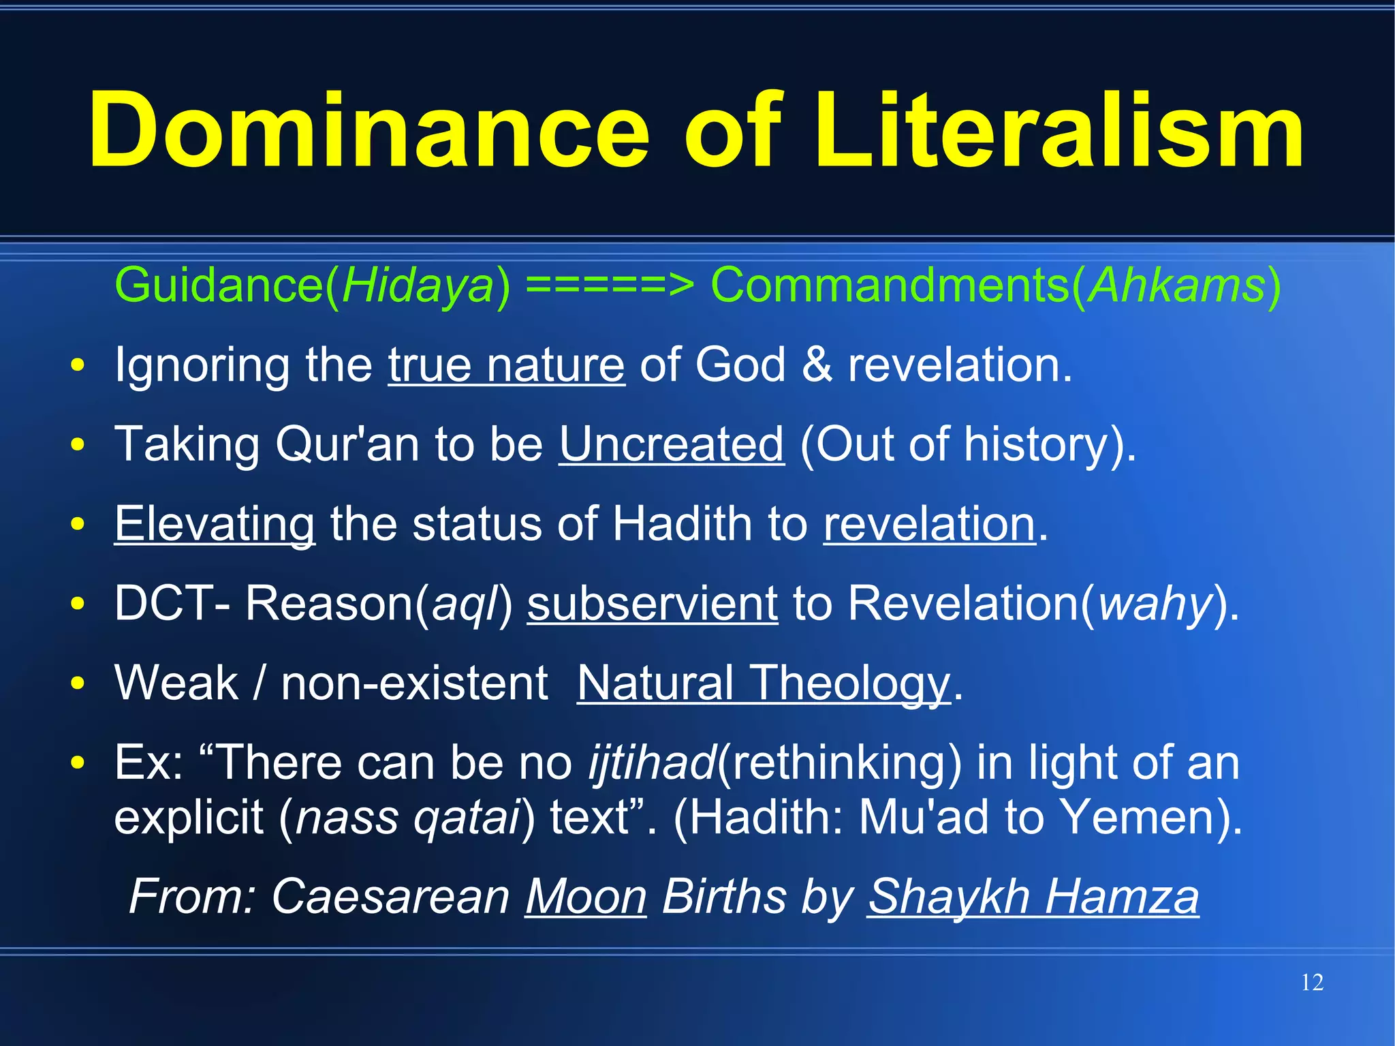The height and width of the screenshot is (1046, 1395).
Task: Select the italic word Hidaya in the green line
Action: (417, 285)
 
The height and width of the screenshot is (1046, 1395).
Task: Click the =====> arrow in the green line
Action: (610, 285)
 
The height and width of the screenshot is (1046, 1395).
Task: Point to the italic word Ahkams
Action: (1177, 285)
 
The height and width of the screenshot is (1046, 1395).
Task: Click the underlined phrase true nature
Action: (506, 365)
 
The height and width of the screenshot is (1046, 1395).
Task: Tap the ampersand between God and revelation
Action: (817, 365)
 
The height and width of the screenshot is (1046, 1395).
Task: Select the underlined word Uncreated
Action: (672, 444)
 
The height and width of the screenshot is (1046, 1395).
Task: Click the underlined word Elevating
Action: (215, 524)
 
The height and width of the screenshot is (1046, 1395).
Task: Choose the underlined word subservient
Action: (652, 604)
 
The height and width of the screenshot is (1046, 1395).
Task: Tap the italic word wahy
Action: (1155, 604)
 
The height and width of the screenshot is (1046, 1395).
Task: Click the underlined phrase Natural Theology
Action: (763, 683)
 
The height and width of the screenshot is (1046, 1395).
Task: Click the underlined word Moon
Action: (585, 896)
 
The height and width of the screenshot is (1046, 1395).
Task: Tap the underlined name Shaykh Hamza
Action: (1033, 896)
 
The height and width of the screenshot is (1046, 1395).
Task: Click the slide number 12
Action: (1312, 983)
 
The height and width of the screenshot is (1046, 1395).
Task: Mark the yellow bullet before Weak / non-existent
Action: (78, 683)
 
